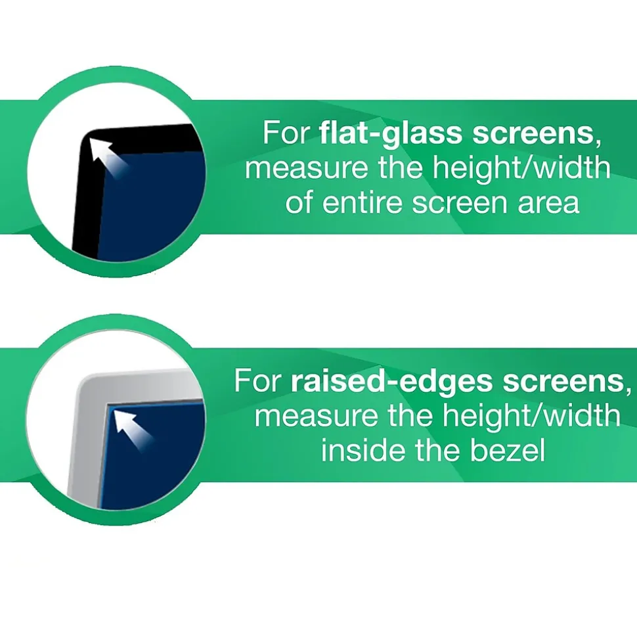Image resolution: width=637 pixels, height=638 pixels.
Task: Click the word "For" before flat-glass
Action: tap(286, 133)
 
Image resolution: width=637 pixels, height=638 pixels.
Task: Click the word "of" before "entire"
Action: tap(299, 202)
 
